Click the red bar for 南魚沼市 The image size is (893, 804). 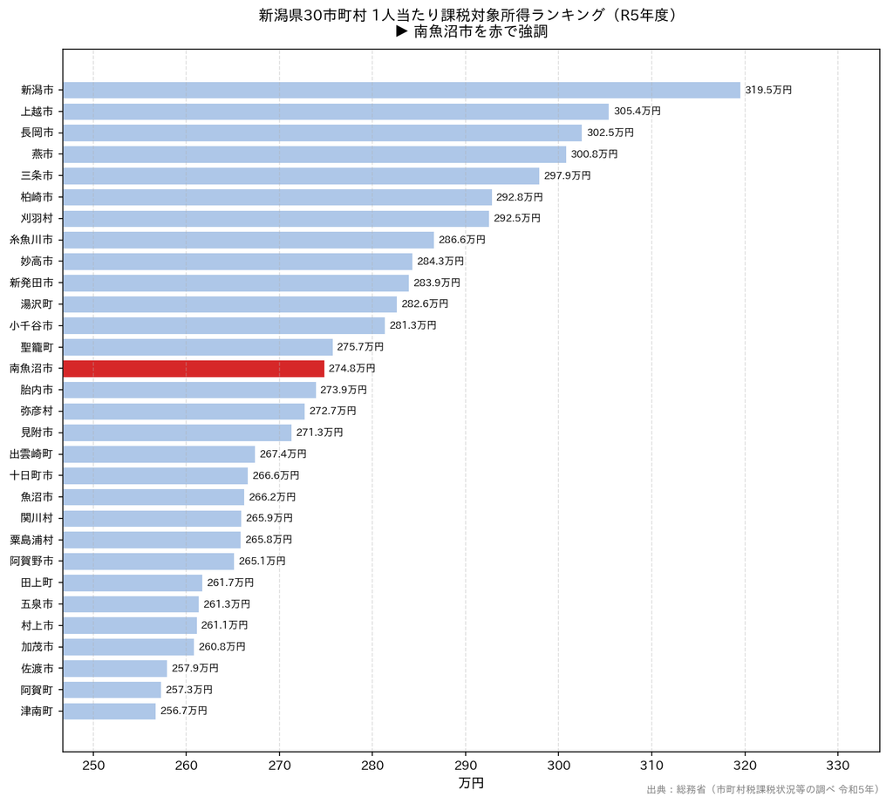tap(194, 368)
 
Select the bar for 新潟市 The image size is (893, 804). tap(401, 90)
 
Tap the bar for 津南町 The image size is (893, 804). tap(109, 712)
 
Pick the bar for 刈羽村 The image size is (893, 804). tap(276, 219)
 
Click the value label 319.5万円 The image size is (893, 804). tap(768, 90)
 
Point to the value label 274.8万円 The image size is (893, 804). tap(352, 368)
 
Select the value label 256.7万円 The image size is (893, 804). tap(184, 712)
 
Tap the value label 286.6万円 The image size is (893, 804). tap(462, 240)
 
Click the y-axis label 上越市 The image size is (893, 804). tap(37, 112)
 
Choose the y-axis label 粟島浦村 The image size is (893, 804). tap(31, 540)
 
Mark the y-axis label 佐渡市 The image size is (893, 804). tap(37, 669)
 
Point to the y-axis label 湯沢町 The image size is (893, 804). tap(37, 304)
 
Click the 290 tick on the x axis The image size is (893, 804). tap(466, 766)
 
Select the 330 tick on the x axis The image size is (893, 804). tap(838, 766)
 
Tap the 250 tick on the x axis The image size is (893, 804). tap(93, 766)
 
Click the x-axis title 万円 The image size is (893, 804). tap(471, 783)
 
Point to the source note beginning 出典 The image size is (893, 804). tap(763, 790)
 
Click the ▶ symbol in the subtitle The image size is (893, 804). tap(402, 31)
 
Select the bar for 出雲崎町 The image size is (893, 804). tap(159, 454)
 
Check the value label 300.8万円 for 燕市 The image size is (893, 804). tap(595, 154)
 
